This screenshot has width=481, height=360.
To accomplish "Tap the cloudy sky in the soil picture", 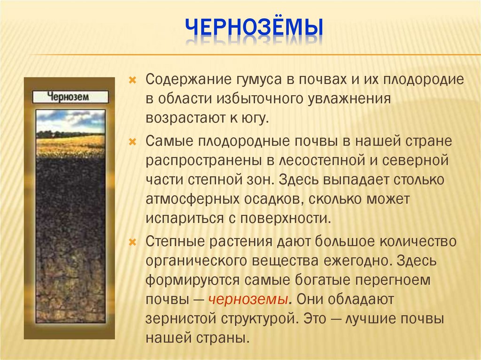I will pyautogui.click(x=70, y=120).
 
